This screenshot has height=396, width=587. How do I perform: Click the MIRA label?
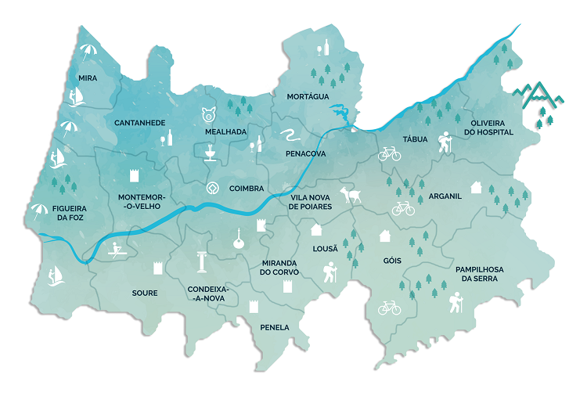(88, 78)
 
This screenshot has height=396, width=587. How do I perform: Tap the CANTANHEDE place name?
(139, 123)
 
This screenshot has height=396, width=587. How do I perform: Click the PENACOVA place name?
(306, 154)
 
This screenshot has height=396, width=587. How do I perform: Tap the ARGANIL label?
(445, 196)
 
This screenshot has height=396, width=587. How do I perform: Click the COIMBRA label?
(246, 188)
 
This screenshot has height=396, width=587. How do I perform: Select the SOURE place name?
(145, 293)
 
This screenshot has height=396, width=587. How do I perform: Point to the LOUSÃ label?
(325, 248)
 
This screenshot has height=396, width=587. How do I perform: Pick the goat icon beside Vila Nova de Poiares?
(353, 196)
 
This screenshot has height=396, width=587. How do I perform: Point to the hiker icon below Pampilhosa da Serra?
(456, 303)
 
